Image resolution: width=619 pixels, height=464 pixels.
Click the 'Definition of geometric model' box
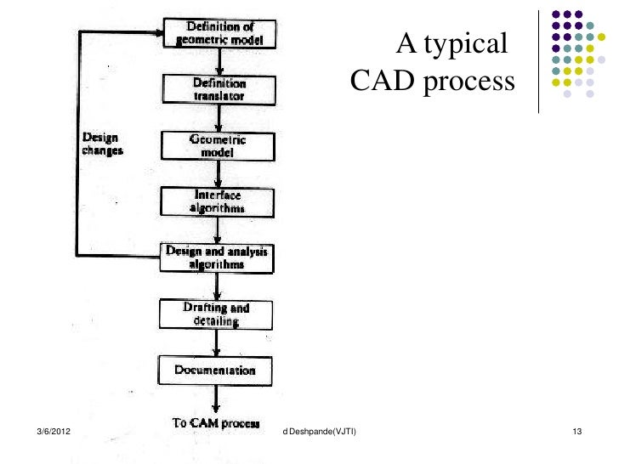219,33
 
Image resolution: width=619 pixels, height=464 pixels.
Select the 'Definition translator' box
219,89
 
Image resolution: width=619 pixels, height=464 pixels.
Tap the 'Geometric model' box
219,146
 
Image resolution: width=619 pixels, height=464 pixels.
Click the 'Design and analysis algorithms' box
219,257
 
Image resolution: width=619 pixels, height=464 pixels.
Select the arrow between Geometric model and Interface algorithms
219,174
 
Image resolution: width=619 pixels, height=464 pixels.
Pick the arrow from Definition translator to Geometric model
219,118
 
